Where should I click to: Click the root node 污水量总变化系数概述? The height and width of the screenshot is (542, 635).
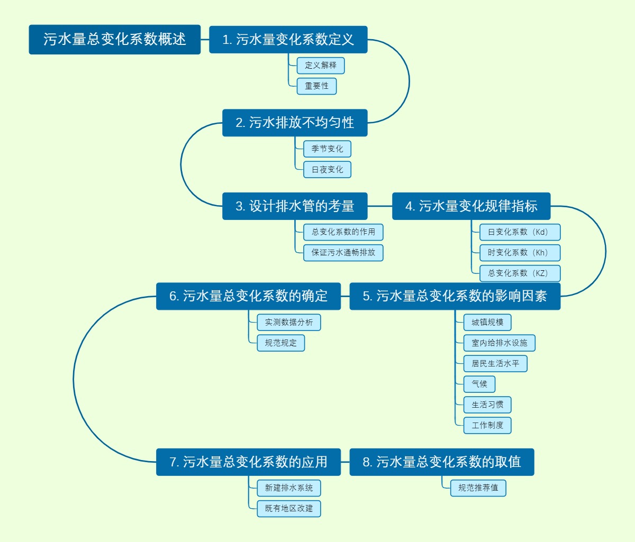click(115, 39)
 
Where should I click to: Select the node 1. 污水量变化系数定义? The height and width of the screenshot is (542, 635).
click(288, 40)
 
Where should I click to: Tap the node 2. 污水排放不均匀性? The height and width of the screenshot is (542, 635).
click(295, 123)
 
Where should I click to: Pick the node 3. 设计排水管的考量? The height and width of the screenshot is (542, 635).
click(295, 206)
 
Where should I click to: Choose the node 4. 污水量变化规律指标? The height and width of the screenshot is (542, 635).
click(471, 206)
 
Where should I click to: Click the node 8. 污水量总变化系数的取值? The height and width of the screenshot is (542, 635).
click(442, 462)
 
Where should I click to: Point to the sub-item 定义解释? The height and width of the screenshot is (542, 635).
click(321, 66)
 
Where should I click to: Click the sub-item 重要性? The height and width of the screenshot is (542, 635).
click(316, 86)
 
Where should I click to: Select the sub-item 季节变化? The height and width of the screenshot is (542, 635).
click(327, 149)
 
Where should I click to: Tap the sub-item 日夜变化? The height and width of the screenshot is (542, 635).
click(327, 170)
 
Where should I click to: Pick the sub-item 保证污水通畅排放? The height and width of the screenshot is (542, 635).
click(343, 253)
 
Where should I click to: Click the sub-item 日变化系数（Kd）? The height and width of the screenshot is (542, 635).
click(520, 232)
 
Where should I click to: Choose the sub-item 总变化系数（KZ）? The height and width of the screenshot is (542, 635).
click(520, 273)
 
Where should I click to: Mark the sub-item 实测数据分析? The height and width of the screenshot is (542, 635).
click(289, 323)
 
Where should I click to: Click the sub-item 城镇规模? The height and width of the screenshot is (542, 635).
click(487, 323)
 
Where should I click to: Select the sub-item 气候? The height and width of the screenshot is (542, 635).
click(479, 384)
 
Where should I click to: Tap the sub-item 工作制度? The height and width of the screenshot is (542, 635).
click(487, 426)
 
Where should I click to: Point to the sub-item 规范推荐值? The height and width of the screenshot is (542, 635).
click(478, 488)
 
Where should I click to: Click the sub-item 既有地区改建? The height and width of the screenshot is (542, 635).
click(289, 509)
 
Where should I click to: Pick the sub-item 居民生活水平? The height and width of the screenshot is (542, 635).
click(495, 364)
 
